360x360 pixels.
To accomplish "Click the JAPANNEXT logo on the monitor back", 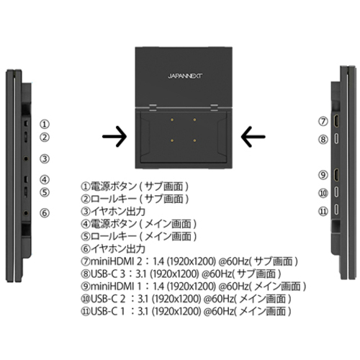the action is click(185, 76).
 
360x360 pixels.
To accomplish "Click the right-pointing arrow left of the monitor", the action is click(114, 137).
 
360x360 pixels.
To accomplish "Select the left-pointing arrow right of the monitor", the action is click(253, 137).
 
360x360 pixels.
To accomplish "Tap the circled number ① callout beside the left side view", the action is click(45, 124).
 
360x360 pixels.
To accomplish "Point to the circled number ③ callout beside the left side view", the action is click(45, 158).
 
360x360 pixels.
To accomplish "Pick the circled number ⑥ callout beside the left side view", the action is click(45, 213).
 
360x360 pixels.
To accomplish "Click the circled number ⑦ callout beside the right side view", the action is click(323, 121).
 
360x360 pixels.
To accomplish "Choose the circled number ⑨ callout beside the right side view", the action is click(323, 175).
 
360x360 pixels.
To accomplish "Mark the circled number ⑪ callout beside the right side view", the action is click(323, 211).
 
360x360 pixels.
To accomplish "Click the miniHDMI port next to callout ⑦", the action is click(336, 121).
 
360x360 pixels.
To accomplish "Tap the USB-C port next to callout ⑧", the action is click(337, 139).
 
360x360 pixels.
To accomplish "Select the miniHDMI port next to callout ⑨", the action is click(336, 174).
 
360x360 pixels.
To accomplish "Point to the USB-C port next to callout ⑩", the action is click(337, 192).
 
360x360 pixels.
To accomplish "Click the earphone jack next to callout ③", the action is click(26, 158).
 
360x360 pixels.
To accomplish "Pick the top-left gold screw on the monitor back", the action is click(172, 120).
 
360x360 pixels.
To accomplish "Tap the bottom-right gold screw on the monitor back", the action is click(194, 140).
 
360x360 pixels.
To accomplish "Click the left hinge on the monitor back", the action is click(153, 107).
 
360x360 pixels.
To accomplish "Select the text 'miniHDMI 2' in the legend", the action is click(117, 261).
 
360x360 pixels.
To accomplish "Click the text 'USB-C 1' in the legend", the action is click(108, 311).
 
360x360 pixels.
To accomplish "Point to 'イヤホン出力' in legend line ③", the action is click(118, 212).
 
